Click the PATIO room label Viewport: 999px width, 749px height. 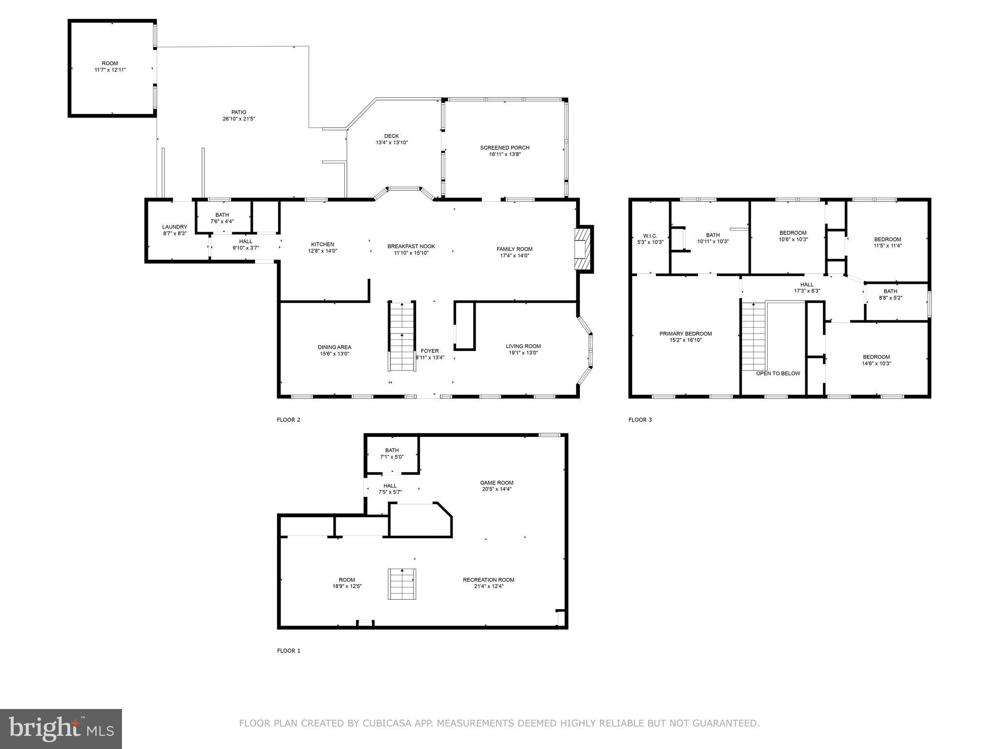(x=239, y=113)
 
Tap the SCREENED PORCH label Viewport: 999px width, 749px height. (x=504, y=148)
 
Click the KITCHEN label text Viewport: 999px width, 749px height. (x=322, y=244)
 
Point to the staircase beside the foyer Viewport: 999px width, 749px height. (x=402, y=336)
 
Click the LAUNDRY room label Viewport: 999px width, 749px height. (x=175, y=227)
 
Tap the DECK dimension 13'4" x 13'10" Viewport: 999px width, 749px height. (x=391, y=143)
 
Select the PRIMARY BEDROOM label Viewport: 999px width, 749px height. (x=685, y=334)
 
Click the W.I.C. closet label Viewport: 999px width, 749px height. (x=650, y=236)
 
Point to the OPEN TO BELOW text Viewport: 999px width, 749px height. (x=778, y=374)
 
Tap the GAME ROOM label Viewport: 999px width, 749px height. (x=497, y=483)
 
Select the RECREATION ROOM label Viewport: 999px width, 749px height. (x=488, y=580)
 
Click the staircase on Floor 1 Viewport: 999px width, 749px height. (x=402, y=584)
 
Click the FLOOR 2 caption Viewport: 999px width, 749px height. (x=289, y=420)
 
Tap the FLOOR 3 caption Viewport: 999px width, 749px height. (x=640, y=420)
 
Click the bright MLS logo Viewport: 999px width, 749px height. (x=61, y=729)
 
